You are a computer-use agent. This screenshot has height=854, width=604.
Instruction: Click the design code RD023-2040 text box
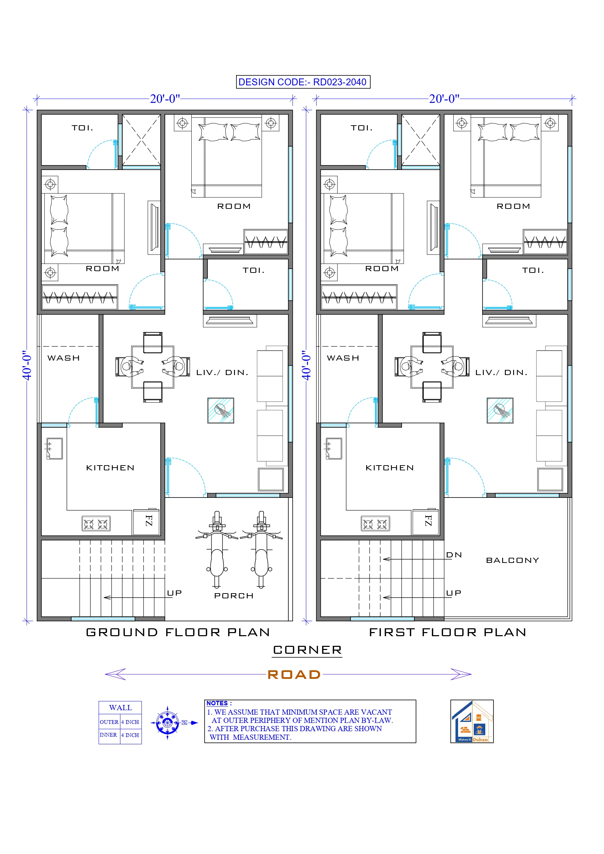click(x=303, y=82)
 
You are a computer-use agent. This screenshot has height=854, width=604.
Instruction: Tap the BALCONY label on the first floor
click(x=512, y=560)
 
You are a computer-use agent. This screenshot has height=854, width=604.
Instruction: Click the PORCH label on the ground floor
click(x=234, y=596)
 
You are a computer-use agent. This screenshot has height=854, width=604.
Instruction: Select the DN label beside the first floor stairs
click(x=454, y=555)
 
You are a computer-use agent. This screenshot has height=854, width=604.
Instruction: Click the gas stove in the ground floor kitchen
click(x=96, y=524)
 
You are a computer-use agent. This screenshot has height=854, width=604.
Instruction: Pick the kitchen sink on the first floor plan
click(x=334, y=449)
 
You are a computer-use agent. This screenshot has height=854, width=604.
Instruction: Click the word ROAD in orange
click(x=294, y=675)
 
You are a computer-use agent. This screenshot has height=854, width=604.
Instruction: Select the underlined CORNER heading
click(x=307, y=650)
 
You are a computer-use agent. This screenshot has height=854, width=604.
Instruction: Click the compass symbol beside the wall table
click(x=168, y=723)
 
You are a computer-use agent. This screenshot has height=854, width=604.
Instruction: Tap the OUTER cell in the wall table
click(x=109, y=722)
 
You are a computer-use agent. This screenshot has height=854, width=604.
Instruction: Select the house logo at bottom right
click(x=472, y=721)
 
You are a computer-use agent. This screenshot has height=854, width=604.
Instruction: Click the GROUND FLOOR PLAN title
click(x=178, y=632)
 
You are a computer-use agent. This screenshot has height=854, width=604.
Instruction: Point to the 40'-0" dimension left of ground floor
click(x=27, y=365)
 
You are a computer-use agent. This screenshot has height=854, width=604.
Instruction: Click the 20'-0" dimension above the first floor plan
click(x=444, y=99)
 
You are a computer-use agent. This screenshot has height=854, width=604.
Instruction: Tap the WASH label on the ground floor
click(x=64, y=358)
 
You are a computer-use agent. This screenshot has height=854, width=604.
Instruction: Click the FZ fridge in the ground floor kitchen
click(x=148, y=521)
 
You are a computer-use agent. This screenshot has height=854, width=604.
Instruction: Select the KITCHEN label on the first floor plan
click(x=390, y=468)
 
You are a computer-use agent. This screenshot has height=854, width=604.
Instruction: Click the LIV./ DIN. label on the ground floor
click(x=222, y=373)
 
